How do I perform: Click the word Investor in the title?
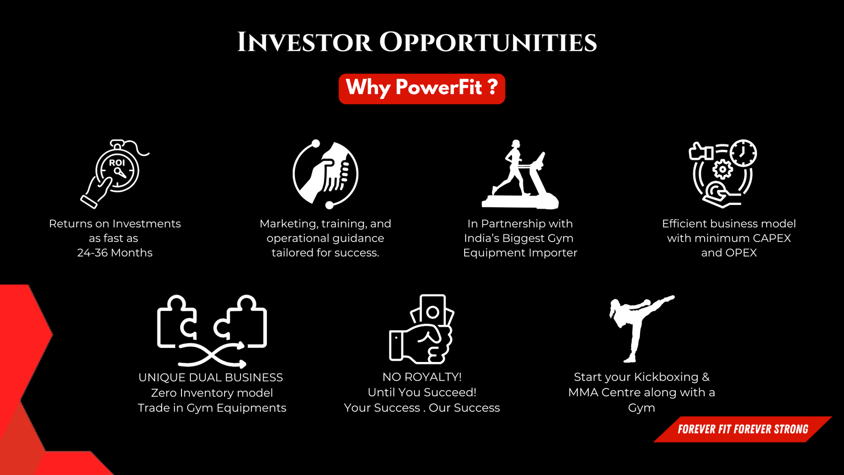click(304, 43)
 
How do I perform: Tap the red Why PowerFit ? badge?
click(422, 89)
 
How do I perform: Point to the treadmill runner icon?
click(520, 174)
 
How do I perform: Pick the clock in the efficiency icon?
click(743, 153)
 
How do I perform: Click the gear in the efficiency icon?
click(722, 169)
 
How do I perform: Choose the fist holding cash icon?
click(422, 329)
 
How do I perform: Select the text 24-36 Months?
click(115, 253)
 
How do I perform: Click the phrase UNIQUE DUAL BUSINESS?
click(211, 377)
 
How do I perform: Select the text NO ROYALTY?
click(422, 377)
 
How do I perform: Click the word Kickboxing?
click(666, 377)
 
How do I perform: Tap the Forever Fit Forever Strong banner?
click(743, 429)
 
